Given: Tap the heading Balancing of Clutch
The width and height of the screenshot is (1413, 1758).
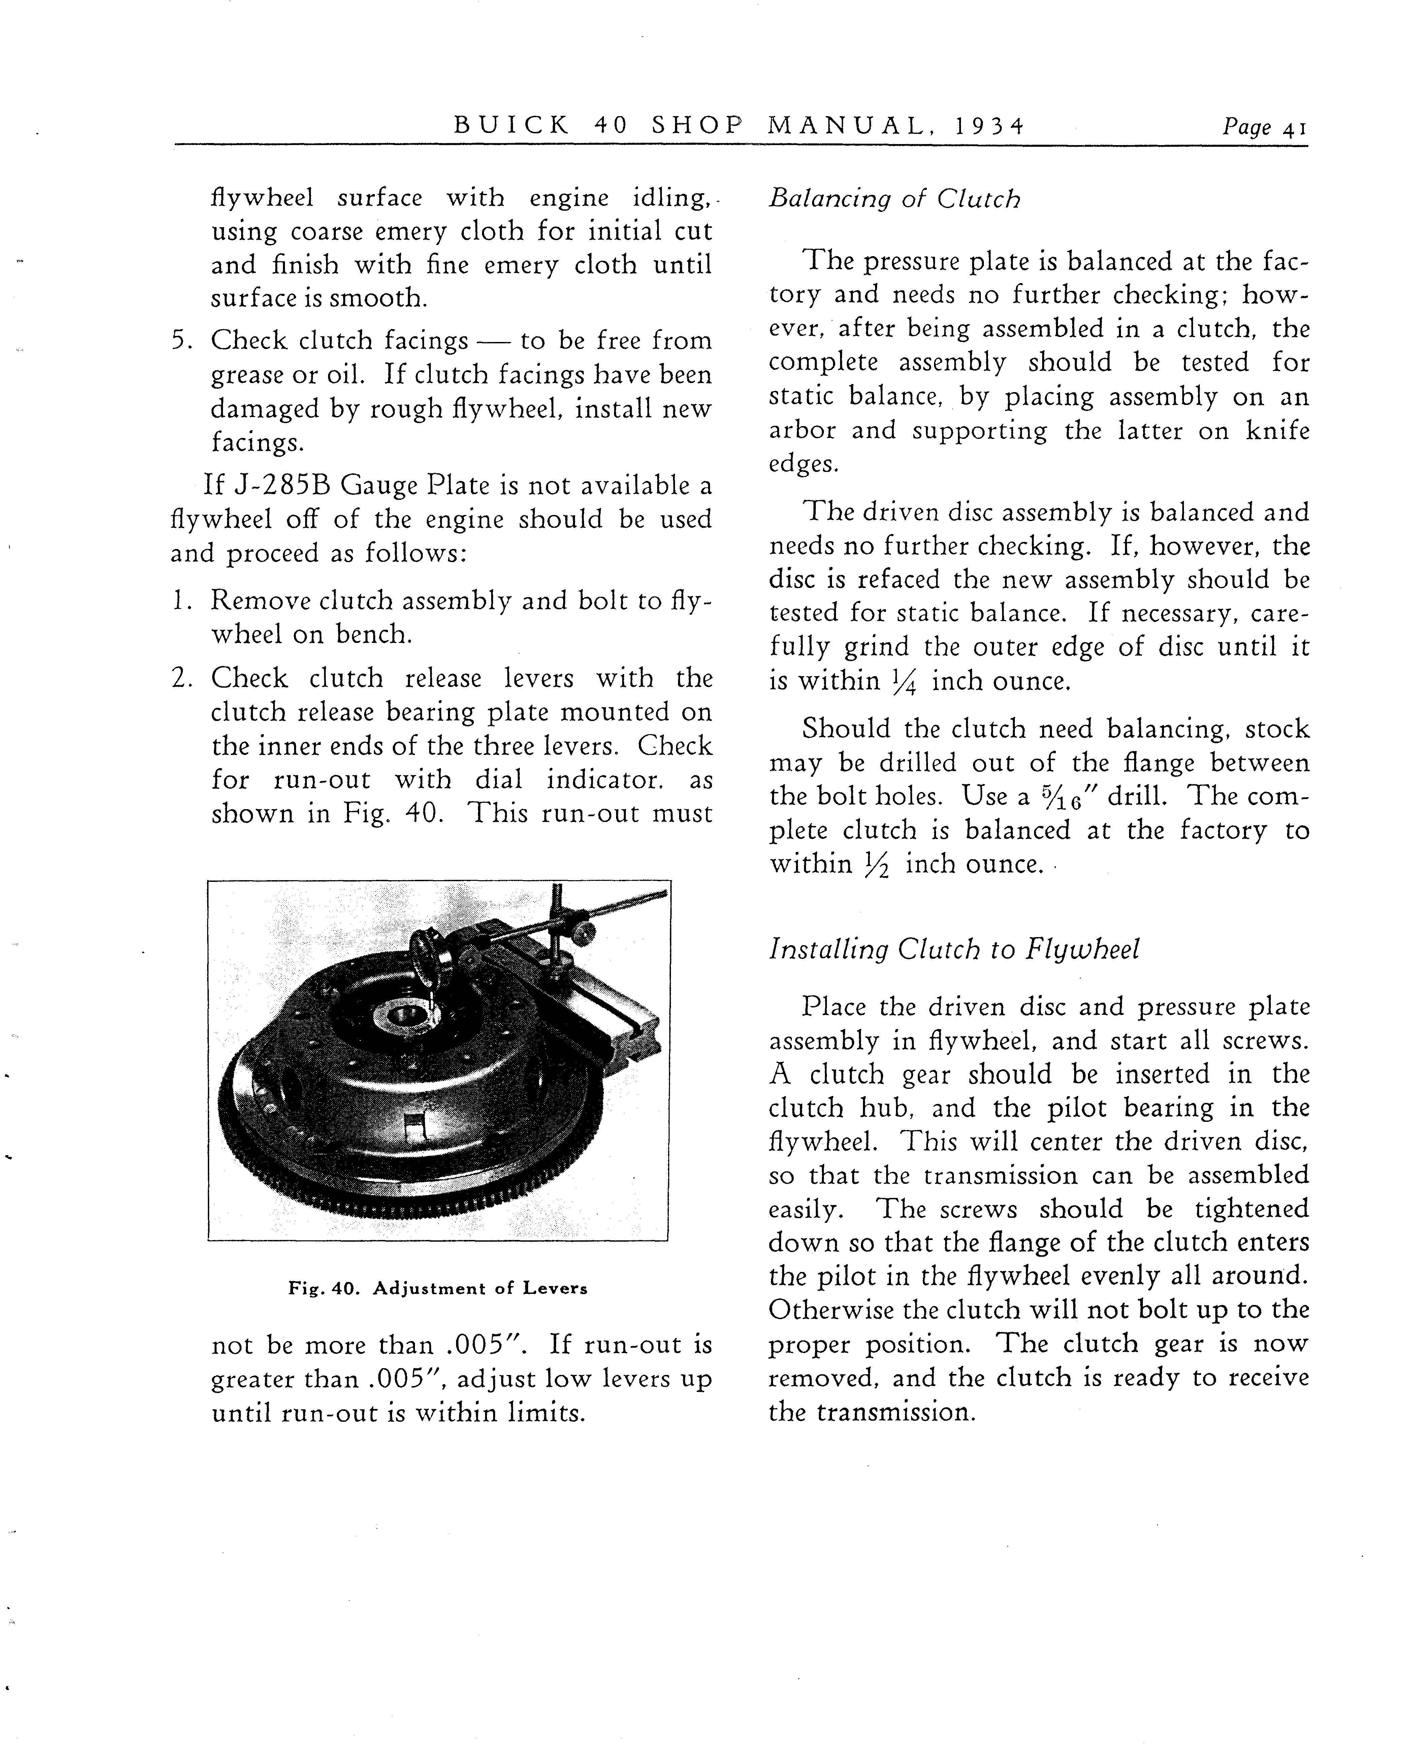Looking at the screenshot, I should point(894,199).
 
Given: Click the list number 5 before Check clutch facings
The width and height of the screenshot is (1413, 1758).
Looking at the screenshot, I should point(180,340).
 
